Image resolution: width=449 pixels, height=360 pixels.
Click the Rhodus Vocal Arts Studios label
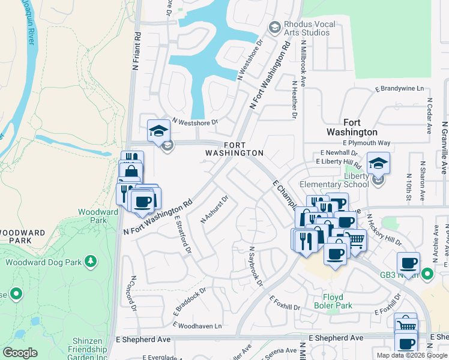pos(309,28)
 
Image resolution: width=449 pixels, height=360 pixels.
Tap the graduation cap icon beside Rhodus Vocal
pos(274,27)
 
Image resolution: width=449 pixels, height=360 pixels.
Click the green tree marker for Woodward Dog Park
pos(90,261)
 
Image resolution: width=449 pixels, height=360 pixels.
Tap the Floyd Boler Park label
pos(333,300)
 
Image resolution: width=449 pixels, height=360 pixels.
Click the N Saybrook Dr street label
pos(256,266)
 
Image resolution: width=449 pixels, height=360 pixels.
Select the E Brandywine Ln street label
pos(399,89)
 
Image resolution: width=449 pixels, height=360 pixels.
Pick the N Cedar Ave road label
pos(429,116)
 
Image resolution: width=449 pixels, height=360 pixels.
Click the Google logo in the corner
pos(20,353)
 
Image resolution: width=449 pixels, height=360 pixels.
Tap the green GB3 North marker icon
pos(427,275)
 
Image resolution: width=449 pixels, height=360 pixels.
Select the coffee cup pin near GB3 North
pos(408,263)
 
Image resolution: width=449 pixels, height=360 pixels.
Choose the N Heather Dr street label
pos(295,100)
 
